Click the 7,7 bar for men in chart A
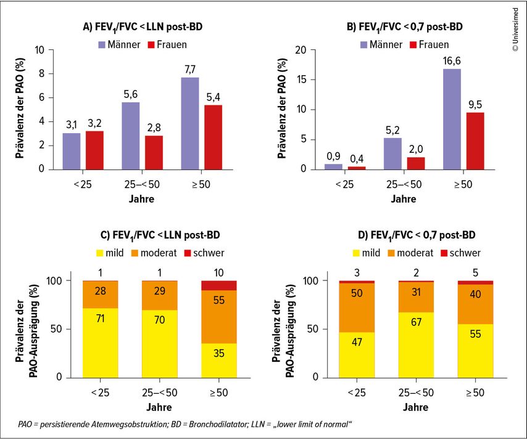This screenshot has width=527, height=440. pos(190,123)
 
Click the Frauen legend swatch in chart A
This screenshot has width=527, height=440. pos(149,44)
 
